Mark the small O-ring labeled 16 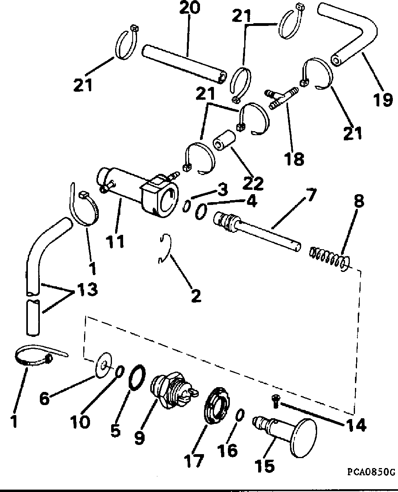pos(239,415)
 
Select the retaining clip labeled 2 pos(165,250)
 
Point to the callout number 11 pos(115,241)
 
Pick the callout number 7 pos(310,195)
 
